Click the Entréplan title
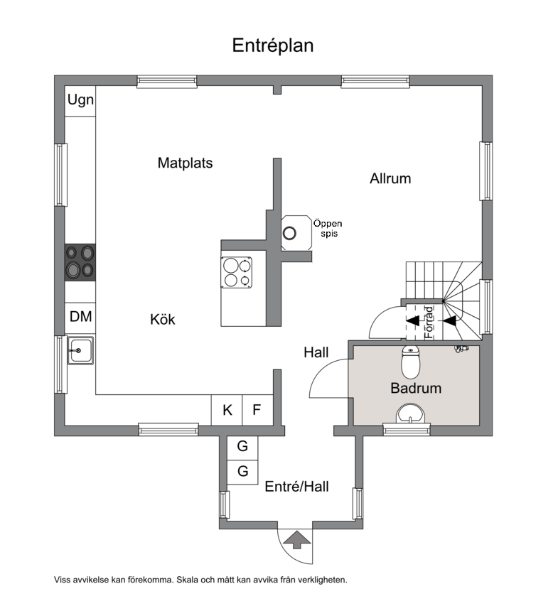(x=273, y=45)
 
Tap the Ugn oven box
(x=80, y=102)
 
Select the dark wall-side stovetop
(x=80, y=262)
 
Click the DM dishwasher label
(x=80, y=317)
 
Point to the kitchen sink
(x=80, y=350)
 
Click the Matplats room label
(x=185, y=163)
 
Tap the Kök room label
(x=162, y=320)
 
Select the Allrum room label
(x=390, y=178)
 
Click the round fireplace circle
(x=289, y=233)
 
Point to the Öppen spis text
(x=328, y=229)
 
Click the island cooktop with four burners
(x=236, y=273)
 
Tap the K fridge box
(x=227, y=410)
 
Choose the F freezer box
(x=257, y=410)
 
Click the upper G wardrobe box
(x=242, y=448)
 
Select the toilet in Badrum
(x=410, y=362)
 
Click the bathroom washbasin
(x=410, y=414)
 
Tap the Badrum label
(x=416, y=388)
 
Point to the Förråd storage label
(x=429, y=323)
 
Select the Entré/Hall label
(x=296, y=487)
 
